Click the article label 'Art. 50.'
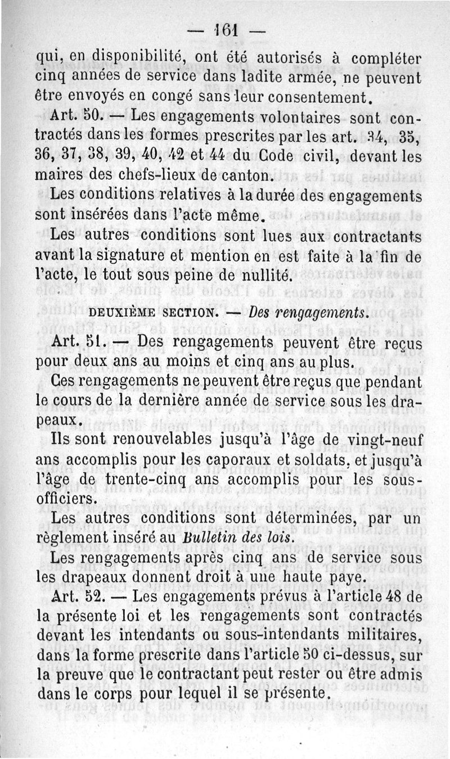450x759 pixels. pos(75,118)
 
